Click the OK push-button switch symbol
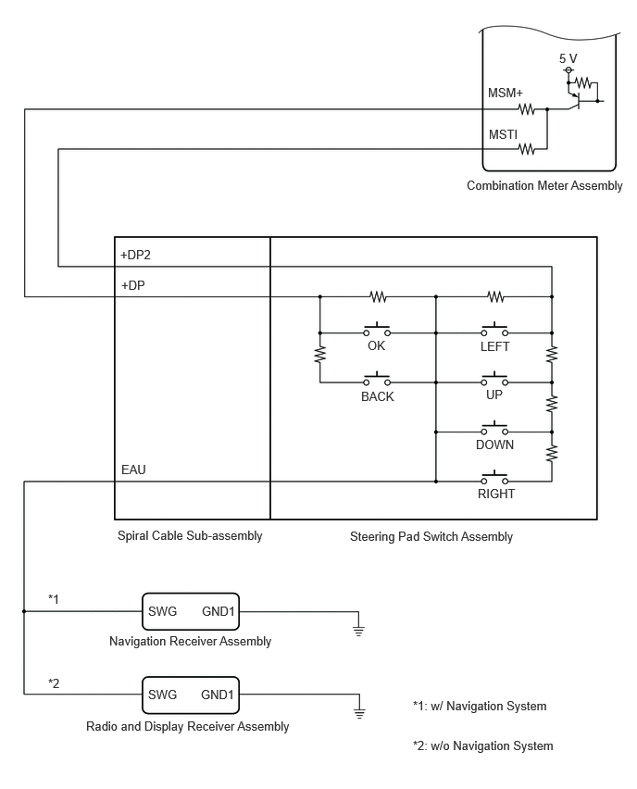tap(377, 329)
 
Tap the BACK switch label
tap(378, 396)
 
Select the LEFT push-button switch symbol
tap(494, 329)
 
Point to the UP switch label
tap(494, 394)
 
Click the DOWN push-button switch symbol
tap(494, 428)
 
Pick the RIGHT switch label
tap(496, 494)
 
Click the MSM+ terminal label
tap(506, 94)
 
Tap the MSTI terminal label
tap(503, 134)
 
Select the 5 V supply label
tap(568, 58)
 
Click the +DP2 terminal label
tap(135, 255)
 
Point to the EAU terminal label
tap(133, 470)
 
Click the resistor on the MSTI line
tap(526, 149)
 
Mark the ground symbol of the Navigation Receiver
tap(358, 630)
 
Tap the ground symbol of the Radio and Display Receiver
tap(359, 713)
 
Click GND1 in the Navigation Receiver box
tap(219, 611)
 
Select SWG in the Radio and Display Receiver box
tap(163, 695)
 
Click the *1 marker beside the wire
tap(54, 599)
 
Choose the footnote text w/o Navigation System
tap(492, 745)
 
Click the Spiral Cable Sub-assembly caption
tap(190, 535)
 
